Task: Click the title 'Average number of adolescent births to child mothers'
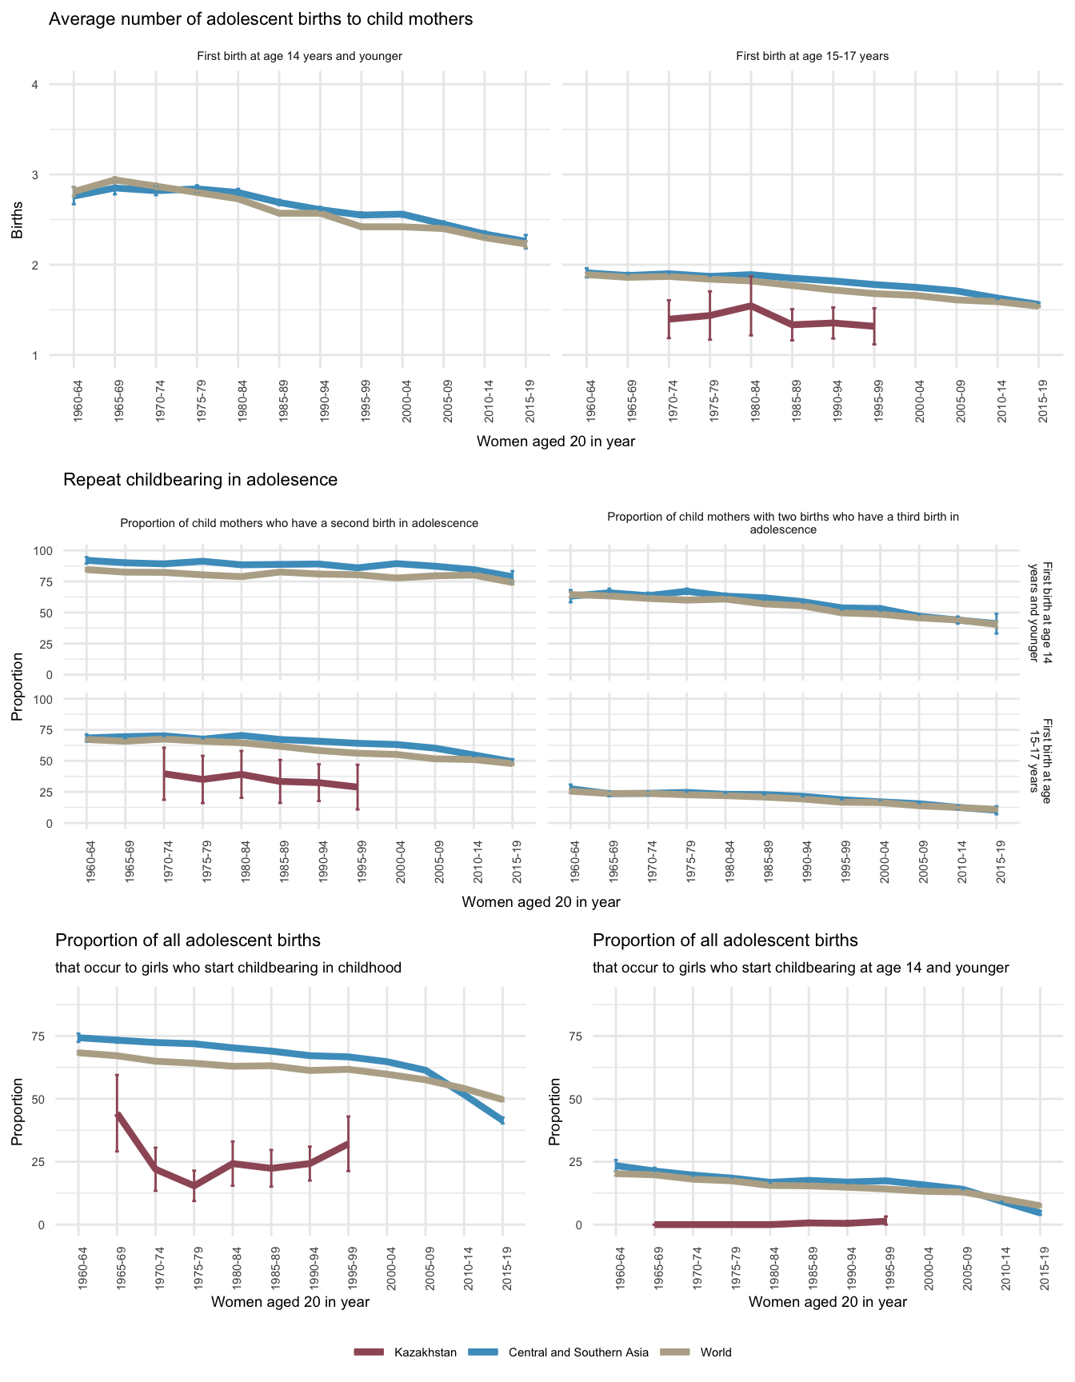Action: [261, 19]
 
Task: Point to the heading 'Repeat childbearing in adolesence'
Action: [200, 480]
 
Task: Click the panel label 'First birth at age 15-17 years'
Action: [812, 56]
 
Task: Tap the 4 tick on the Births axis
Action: [35, 85]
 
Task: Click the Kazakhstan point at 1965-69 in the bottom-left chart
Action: [117, 1114]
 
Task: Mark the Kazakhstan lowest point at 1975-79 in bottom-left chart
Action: [194, 1186]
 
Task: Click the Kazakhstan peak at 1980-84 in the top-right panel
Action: [751, 306]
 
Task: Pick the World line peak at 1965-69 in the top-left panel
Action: [114, 180]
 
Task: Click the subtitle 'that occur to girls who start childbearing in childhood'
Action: [228, 968]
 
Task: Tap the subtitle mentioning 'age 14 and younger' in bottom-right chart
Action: [801, 968]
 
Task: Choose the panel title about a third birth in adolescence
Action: [783, 523]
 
